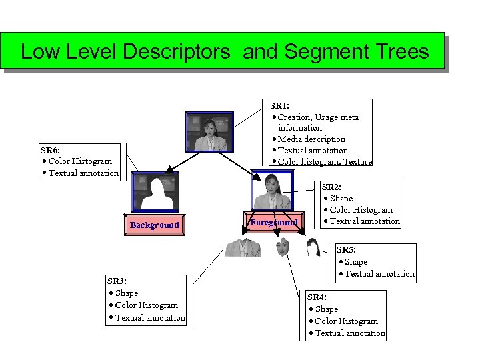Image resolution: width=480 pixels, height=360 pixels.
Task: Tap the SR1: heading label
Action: pos(279,105)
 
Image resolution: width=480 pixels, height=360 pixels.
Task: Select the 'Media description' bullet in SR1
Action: pos(311,139)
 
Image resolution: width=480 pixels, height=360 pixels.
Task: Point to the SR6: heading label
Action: pos(52,150)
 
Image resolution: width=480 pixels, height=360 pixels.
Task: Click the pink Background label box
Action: pos(154,225)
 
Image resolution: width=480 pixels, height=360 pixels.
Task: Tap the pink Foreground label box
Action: pos(273,222)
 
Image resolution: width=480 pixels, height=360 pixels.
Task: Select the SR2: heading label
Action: pos(331,187)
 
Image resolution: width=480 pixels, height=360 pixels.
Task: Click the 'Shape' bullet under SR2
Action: pos(341,198)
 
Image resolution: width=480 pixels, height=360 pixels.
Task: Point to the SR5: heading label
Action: pos(346,250)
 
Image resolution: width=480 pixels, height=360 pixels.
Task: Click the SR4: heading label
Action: pos(316,297)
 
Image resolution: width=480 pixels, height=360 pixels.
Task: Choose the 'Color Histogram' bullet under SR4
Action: pos(346,321)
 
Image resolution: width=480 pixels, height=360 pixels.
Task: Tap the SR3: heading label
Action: pos(117,281)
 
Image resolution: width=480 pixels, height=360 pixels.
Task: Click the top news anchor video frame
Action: pos(210,133)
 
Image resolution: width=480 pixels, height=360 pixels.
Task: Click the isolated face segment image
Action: pos(282,247)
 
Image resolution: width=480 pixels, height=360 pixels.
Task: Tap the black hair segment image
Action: pos(312,247)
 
